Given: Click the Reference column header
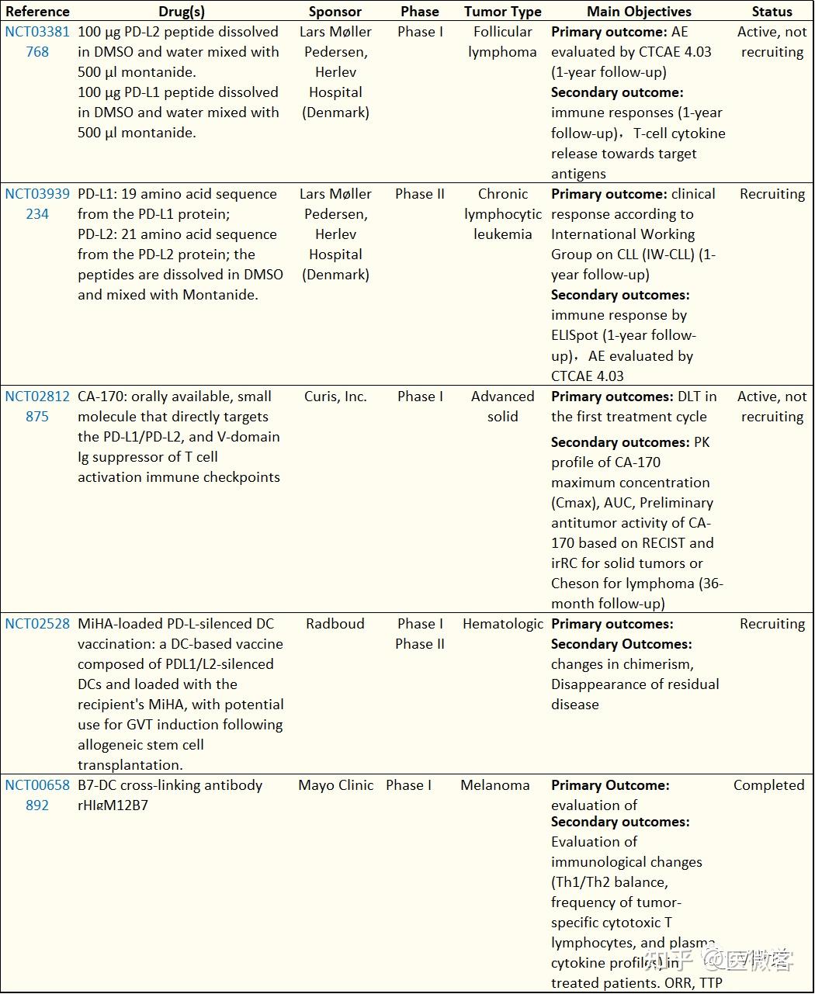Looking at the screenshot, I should coord(37,12).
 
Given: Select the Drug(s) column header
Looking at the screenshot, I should coord(182,12).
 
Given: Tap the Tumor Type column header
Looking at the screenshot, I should coord(502,12).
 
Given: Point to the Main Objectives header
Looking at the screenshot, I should coord(639,12).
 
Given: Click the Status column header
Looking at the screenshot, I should coord(772,12).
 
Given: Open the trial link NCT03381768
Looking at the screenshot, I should coord(37,42).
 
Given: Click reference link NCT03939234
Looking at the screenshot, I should coord(37,204).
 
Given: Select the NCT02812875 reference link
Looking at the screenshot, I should coord(37,407).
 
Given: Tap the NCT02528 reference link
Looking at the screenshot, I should coord(37,624).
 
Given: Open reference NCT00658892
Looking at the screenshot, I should coord(37,795).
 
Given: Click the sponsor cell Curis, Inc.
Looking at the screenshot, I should coord(335,397).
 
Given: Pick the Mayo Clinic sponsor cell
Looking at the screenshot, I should coord(335,785).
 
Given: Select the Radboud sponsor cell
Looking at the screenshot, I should coord(335,624).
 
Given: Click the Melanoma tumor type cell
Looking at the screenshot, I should coord(495,785).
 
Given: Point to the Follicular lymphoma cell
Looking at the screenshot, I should coord(502,42).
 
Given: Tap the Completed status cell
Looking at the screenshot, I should coord(768,785).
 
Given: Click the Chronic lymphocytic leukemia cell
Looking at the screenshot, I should coord(502,214).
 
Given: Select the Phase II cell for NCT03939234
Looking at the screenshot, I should coord(420,194).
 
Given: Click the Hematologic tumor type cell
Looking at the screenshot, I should coord(502,624).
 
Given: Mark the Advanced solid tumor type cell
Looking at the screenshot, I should coord(502,407).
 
